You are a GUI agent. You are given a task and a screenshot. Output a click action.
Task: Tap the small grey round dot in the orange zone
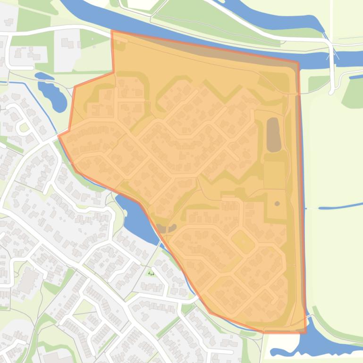(277, 204)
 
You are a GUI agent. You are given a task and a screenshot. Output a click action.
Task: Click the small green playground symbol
(152, 273)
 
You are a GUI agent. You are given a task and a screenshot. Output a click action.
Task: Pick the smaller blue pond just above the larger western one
(43, 75)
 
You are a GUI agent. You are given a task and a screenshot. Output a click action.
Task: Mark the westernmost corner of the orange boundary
(59, 136)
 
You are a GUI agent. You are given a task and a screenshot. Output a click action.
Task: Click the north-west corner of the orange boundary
(112, 31)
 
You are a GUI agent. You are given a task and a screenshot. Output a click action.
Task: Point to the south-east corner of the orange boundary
(305, 332)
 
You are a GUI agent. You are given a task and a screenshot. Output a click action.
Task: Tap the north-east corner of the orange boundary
(298, 62)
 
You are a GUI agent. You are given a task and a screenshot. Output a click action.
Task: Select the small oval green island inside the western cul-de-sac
(22, 127)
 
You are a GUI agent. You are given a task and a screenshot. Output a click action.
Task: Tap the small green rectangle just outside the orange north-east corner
(318, 83)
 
